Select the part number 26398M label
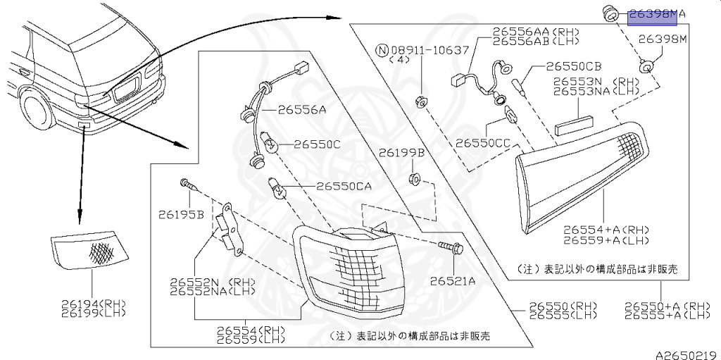point(662,39)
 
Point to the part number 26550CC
point(482,142)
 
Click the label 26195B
point(181,214)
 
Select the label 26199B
point(401,152)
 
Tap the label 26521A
point(453,281)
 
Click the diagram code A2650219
point(686,355)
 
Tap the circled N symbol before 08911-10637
point(382,50)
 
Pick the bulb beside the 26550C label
point(272,146)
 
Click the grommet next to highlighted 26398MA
point(610,12)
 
